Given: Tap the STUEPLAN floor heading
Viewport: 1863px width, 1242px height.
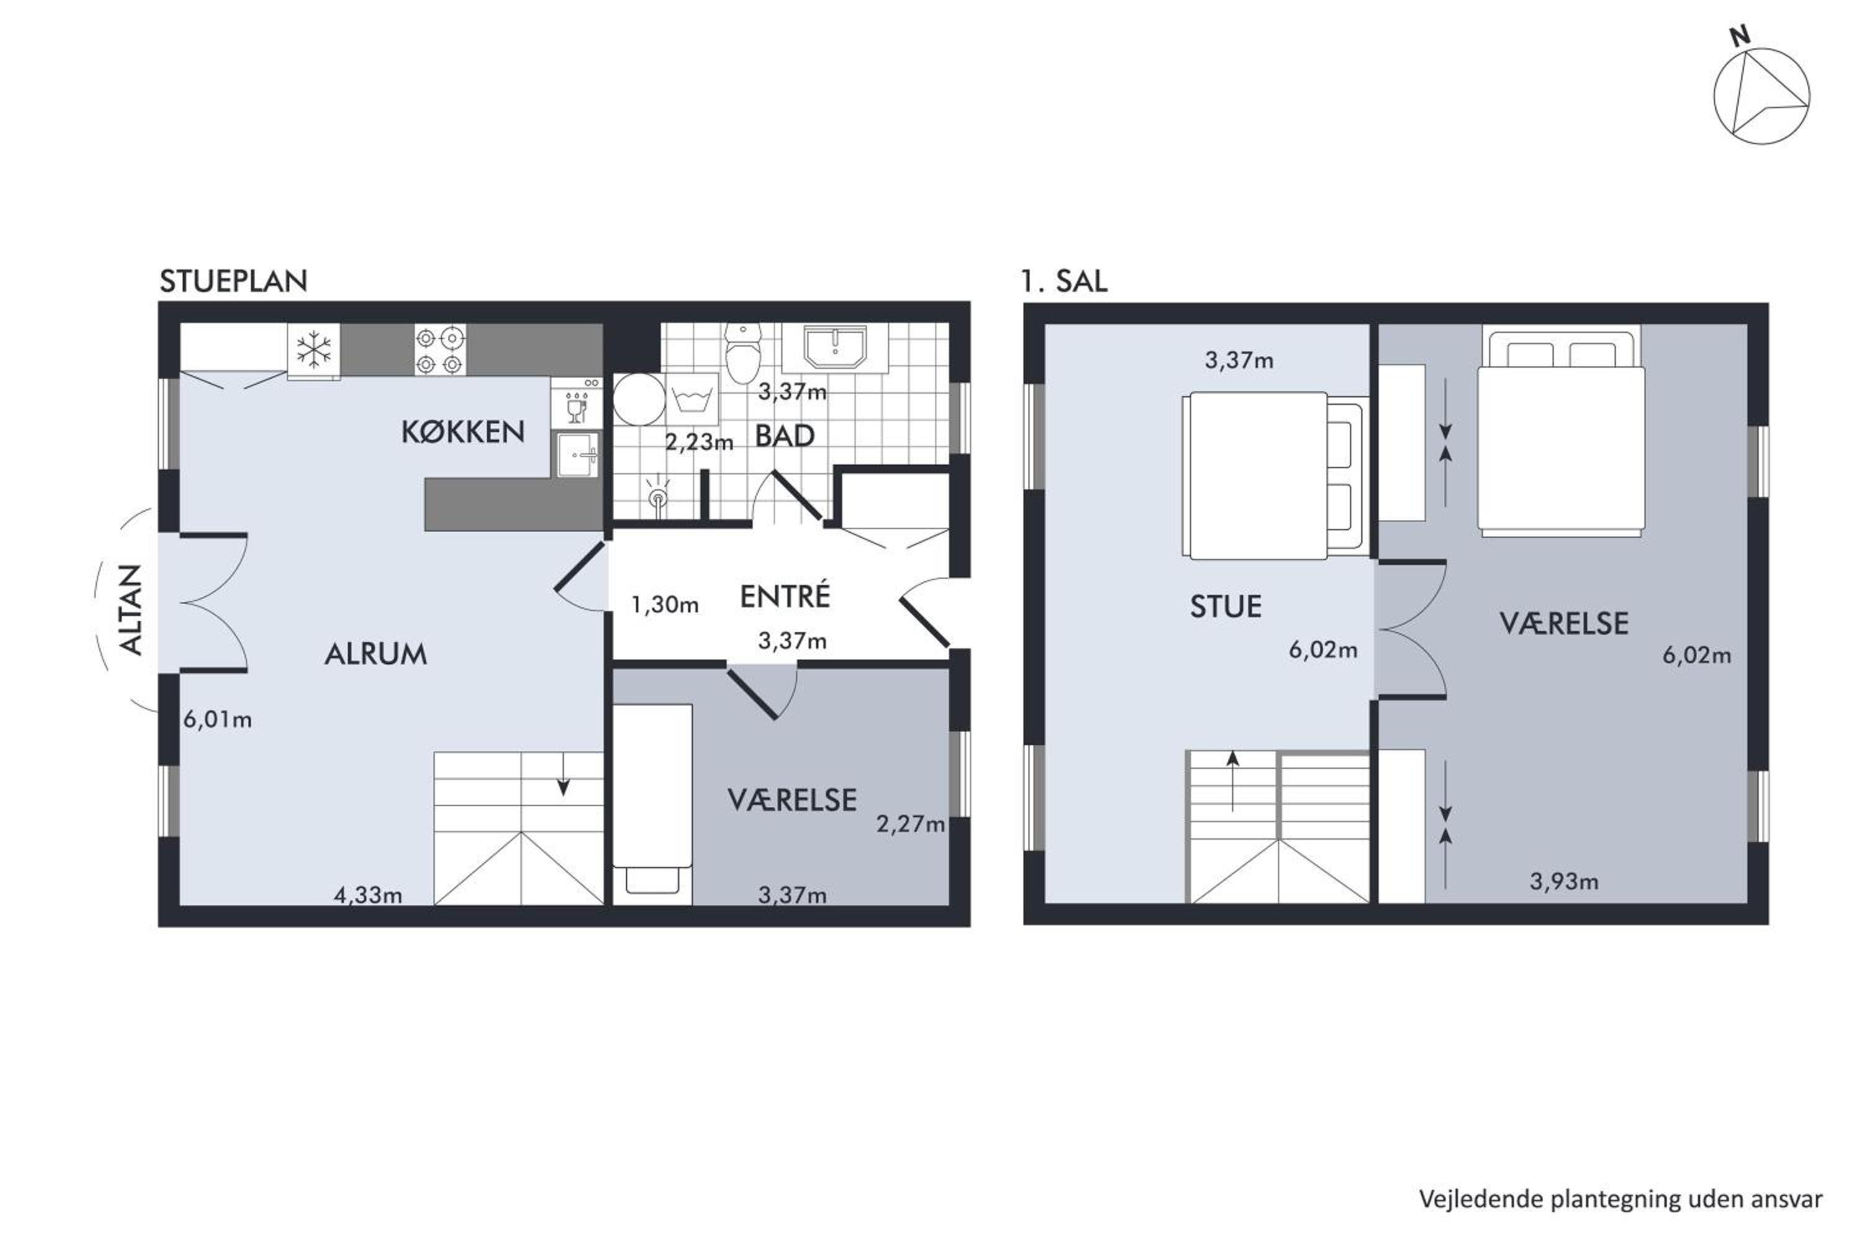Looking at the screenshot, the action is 233,281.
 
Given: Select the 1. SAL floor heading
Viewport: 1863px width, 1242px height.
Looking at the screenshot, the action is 1064,281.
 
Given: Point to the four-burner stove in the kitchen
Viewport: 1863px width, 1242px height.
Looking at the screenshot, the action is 440,350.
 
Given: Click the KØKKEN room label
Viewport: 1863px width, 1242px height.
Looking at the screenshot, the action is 463,432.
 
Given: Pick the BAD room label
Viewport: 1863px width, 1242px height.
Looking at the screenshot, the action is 784,436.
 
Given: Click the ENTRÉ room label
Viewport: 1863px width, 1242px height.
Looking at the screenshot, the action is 785,596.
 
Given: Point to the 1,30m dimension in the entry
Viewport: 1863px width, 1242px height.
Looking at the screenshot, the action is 664,605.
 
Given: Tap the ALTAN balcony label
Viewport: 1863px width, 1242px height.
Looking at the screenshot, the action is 130,609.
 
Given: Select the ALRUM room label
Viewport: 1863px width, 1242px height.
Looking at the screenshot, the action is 376,653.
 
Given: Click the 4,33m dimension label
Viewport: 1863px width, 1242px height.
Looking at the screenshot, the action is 368,895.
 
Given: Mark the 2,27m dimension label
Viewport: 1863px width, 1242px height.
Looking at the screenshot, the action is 911,825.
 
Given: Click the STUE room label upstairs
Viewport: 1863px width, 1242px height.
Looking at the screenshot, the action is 1225,607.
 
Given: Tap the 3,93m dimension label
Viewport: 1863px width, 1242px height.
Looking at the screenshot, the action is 1564,882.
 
